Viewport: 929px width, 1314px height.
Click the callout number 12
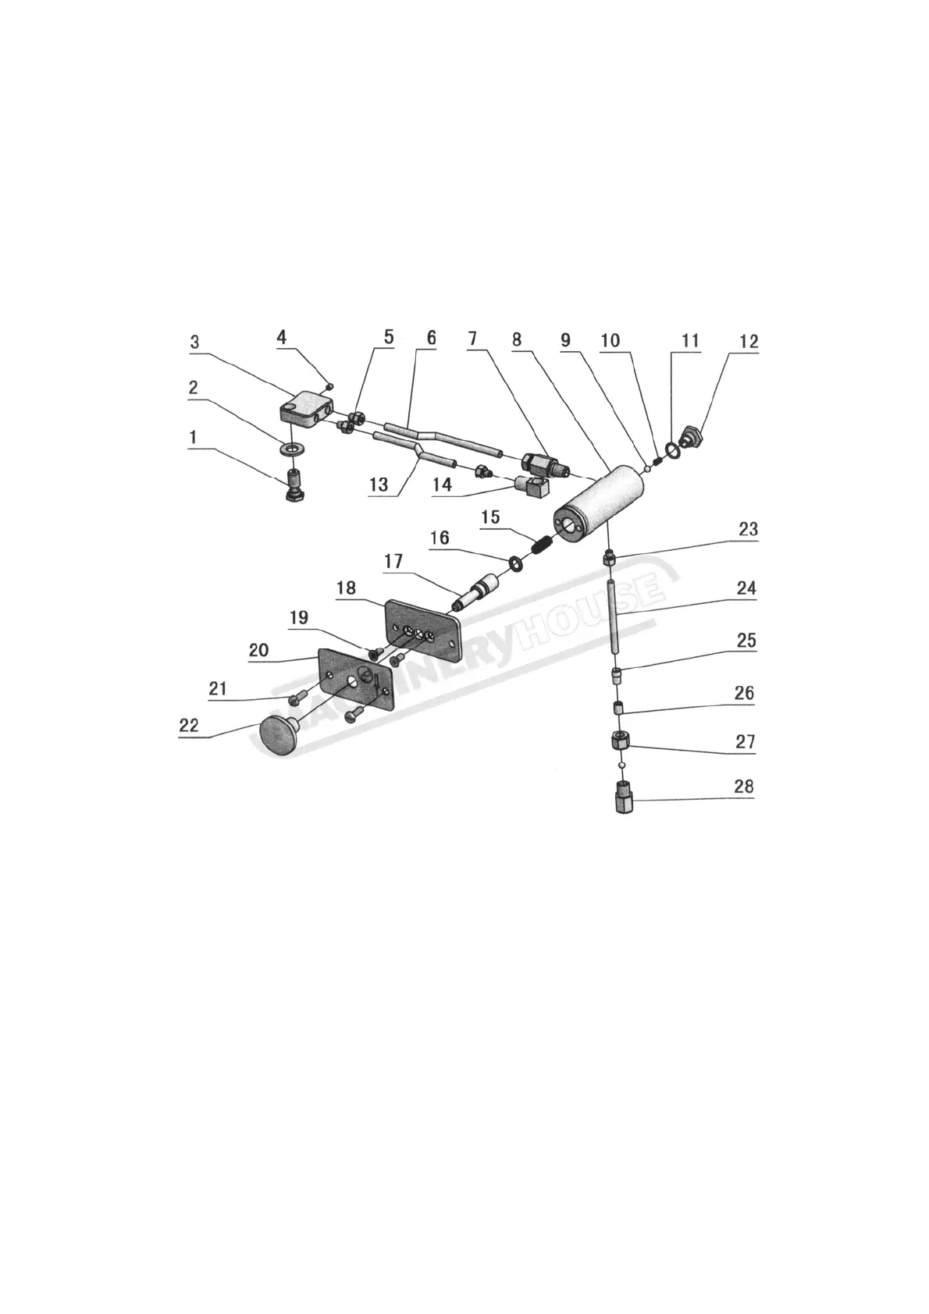pyautogui.click(x=749, y=342)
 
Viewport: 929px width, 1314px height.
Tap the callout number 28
pyautogui.click(x=743, y=786)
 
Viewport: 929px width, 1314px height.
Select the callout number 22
pyautogui.click(x=189, y=725)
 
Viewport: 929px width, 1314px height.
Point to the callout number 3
pyautogui.click(x=194, y=342)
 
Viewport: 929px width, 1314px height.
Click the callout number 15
pyautogui.click(x=489, y=517)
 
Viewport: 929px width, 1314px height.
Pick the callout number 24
pyautogui.click(x=746, y=588)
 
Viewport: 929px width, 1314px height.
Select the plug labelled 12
pyautogui.click(x=692, y=435)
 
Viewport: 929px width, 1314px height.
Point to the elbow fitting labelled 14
pyautogui.click(x=533, y=488)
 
